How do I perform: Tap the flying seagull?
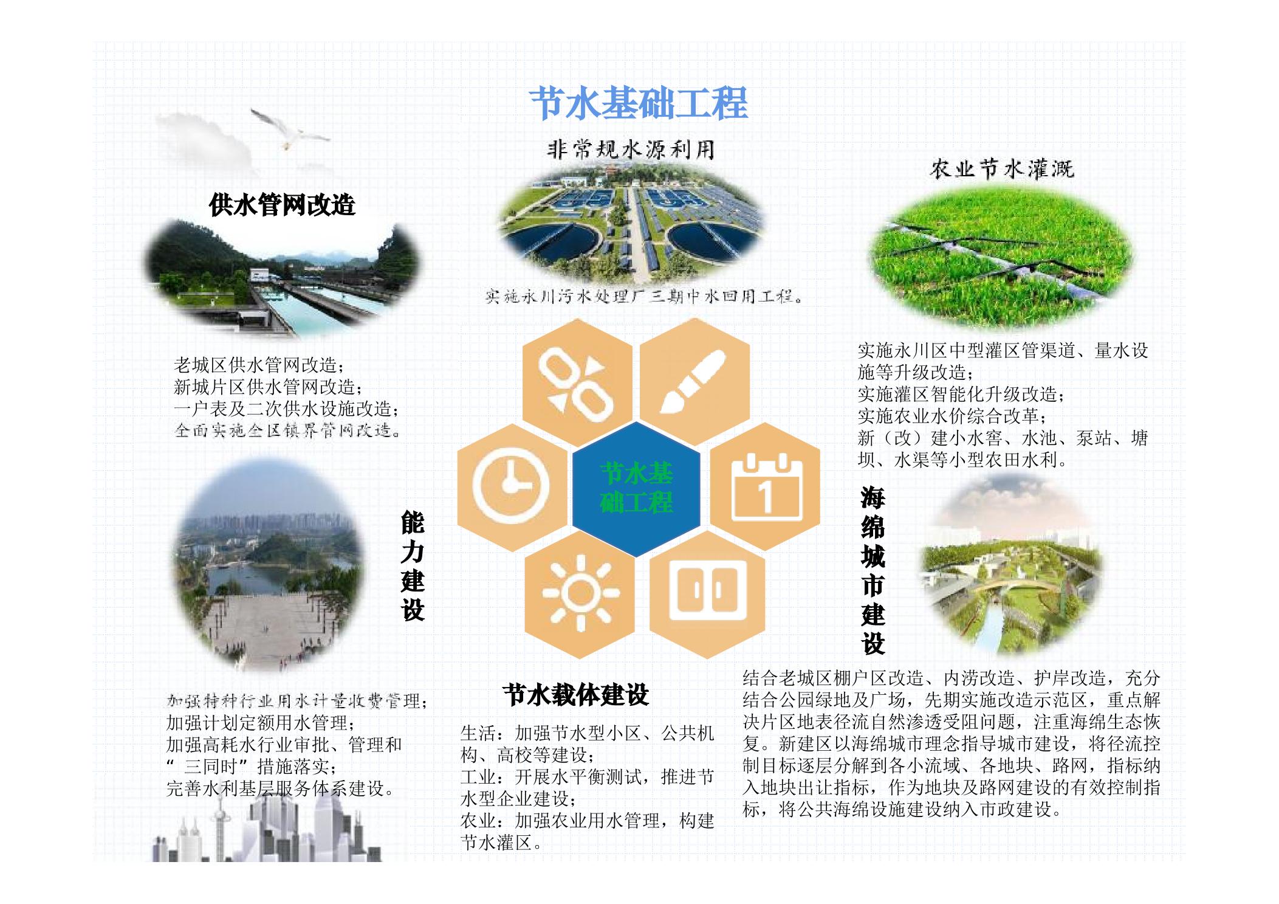[289, 129]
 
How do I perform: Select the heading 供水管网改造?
[282, 205]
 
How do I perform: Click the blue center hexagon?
[636, 488]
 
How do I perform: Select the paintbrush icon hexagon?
[694, 381]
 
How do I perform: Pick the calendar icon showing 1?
[765, 488]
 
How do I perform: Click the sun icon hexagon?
[580, 593]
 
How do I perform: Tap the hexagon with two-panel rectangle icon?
[707, 593]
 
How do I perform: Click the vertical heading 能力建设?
[413, 567]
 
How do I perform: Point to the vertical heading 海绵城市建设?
[873, 570]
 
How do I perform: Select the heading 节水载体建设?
[576, 695]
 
